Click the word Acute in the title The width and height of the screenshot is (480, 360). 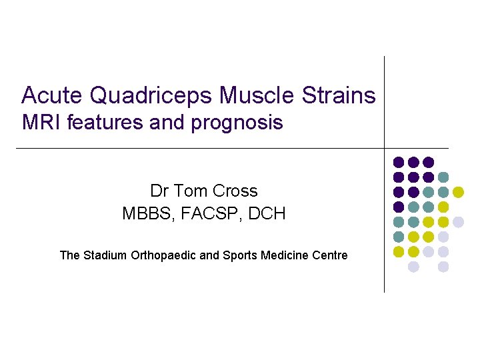pos(53,96)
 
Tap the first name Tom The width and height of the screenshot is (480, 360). pos(190,191)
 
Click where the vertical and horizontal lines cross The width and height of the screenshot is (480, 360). pos(385,148)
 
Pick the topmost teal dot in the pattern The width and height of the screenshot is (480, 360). pos(443,177)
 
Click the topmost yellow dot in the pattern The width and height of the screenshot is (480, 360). pos(458,192)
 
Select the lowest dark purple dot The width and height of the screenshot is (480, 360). pos(399,207)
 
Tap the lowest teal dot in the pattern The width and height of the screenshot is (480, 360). pos(399,237)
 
